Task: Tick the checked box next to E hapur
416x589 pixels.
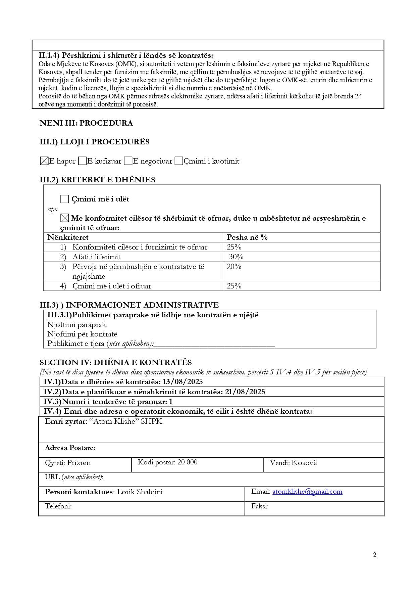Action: pos(44,161)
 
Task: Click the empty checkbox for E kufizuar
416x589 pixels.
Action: pos(82,161)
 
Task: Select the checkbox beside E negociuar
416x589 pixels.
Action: pos(128,161)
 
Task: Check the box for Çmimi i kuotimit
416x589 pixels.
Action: pos(179,161)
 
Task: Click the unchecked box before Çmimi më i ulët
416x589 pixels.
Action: pos(64,199)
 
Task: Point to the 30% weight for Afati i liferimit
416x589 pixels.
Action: pos(236,257)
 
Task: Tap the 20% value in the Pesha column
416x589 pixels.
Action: pos(234,267)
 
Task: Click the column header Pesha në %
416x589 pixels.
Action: pos(247,237)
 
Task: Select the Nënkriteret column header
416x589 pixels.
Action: pos(68,237)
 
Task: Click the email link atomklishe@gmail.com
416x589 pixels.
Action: pos(307,492)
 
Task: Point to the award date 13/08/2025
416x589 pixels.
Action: pos(183,382)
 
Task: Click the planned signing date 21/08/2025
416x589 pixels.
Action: pos(245,392)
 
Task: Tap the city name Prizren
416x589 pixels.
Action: pos(79,463)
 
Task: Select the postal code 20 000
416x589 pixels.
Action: pos(188,462)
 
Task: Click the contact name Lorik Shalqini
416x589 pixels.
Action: pos(140,492)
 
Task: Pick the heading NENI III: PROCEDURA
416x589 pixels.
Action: pos(86,123)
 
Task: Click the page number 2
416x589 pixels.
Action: pos(375,555)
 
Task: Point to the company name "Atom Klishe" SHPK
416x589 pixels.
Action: pos(126,421)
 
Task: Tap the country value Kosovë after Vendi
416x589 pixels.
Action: pos(304,463)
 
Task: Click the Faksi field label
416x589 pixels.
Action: pos(260,506)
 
